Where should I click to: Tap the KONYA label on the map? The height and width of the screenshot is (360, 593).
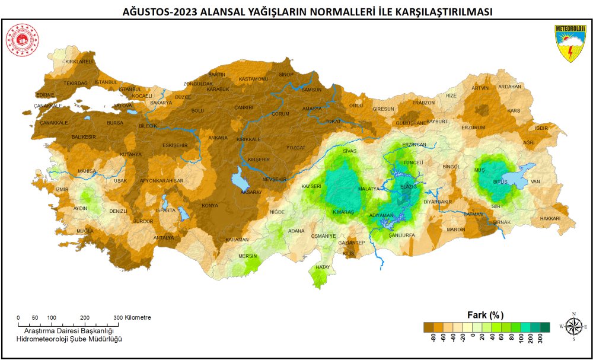click(x=209, y=206)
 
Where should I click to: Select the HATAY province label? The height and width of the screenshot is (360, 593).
click(x=323, y=267)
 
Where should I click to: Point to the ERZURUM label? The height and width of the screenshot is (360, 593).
click(x=473, y=128)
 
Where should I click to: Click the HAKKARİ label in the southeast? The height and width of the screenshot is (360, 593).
click(x=550, y=218)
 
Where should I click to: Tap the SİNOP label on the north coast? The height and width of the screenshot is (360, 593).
click(x=286, y=75)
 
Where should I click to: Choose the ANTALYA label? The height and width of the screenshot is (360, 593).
click(x=164, y=238)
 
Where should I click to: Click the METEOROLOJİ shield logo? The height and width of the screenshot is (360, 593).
click(x=570, y=43)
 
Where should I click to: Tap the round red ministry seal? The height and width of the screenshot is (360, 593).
click(x=22, y=40)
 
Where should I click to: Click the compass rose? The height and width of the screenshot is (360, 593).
click(x=573, y=326)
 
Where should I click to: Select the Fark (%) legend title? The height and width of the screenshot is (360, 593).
click(x=486, y=314)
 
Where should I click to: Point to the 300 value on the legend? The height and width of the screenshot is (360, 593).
click(x=540, y=339)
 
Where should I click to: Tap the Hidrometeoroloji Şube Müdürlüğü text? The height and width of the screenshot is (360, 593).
click(x=69, y=339)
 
